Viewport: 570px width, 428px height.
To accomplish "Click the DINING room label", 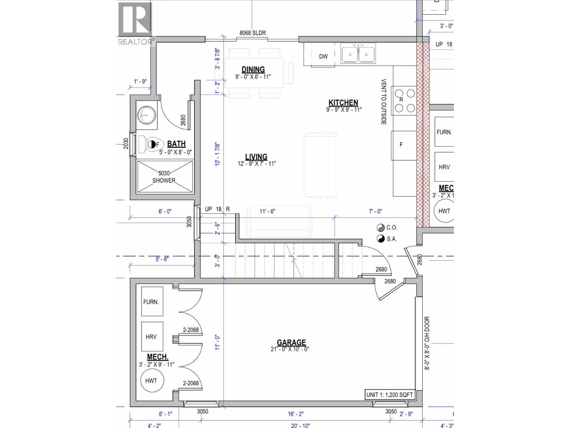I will point(253,70).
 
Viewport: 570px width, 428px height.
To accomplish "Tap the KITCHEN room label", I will point(343,103).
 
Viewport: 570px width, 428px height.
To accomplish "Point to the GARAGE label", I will point(291,342).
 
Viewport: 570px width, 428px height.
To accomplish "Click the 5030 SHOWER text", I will point(164,177).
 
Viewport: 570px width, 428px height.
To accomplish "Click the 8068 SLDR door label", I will point(252,33).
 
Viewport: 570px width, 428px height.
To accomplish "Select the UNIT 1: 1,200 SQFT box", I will point(390,395).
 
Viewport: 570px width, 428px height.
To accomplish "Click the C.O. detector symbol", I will point(380,228).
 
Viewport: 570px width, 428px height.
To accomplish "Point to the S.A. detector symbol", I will point(380,239).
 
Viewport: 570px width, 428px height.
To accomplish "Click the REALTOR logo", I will point(136,23).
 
